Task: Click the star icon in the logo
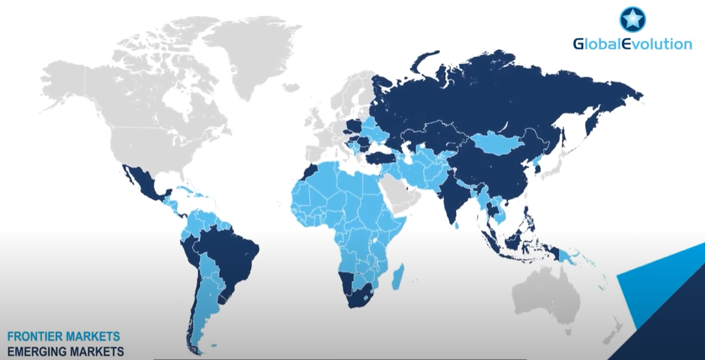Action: tap(632, 19)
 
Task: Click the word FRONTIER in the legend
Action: tap(35, 336)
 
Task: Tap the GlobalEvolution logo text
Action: tap(632, 44)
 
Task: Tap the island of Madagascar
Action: tap(398, 275)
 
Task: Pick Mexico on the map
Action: tap(142, 180)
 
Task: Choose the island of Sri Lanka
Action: tap(459, 225)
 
